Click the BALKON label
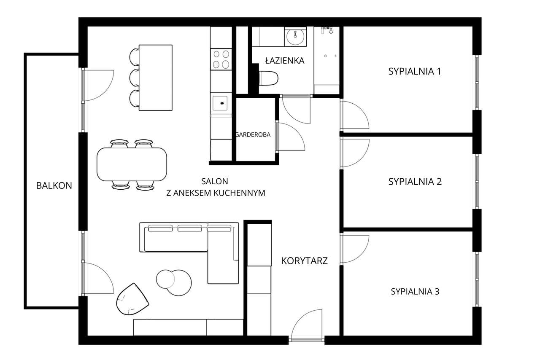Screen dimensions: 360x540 click(54, 185)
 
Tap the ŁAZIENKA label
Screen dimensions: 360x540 click(284, 61)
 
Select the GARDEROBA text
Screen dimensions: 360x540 click(253, 135)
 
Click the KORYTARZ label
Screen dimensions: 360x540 click(304, 261)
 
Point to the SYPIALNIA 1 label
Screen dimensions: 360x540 click(414, 71)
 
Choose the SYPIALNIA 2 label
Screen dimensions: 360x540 click(415, 182)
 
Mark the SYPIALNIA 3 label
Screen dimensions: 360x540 click(415, 291)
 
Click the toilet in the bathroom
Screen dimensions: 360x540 click(269, 78)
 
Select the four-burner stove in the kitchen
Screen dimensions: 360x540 click(221, 59)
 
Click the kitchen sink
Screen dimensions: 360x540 click(220, 102)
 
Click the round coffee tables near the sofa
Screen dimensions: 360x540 click(174, 282)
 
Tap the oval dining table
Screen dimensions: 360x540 click(132, 164)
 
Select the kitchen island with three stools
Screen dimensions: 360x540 click(155, 78)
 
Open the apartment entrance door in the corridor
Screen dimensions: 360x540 click(308, 325)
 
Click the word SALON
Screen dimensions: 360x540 click(214, 182)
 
